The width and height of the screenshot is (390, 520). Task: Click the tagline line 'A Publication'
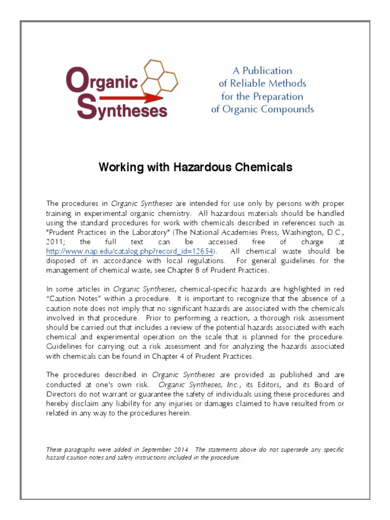tap(262, 71)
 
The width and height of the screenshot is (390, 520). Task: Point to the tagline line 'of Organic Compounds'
tap(262, 109)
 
